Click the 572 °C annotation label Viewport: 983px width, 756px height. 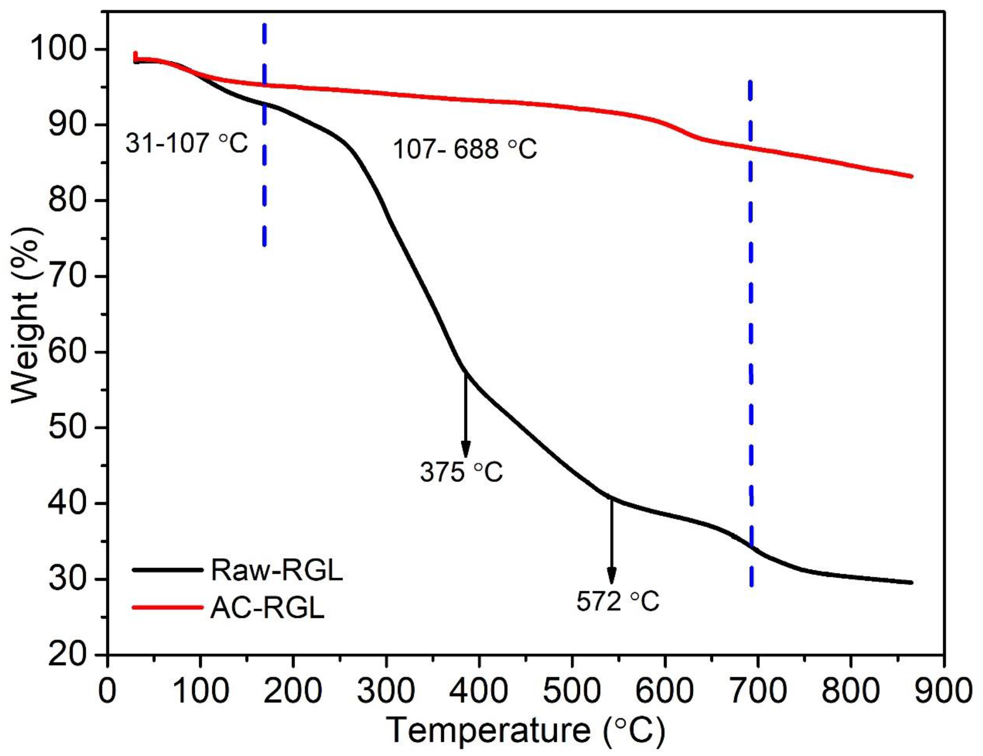(x=618, y=601)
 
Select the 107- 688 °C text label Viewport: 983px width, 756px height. (x=465, y=149)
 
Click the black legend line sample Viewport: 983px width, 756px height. (x=168, y=570)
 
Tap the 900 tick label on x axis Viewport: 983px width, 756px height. (x=942, y=691)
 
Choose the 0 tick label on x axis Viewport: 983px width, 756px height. (x=107, y=691)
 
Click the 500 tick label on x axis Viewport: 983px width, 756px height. (x=572, y=691)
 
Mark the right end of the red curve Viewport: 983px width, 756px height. (x=911, y=176)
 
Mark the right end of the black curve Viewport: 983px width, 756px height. (x=911, y=583)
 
